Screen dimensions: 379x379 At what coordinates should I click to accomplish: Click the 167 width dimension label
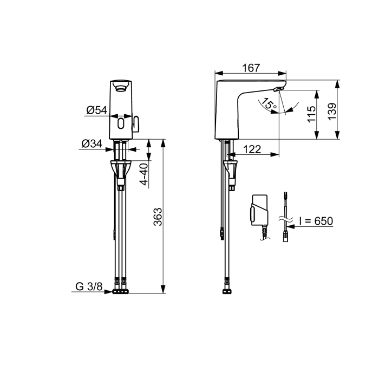click(251, 68)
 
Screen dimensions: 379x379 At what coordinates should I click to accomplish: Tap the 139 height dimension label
click(332, 111)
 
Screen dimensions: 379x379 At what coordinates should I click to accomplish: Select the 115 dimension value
click(311, 114)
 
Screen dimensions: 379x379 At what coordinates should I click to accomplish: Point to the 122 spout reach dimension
click(252, 149)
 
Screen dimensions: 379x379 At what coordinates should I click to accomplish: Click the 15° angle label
click(270, 104)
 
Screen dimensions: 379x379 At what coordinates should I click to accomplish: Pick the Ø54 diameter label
click(97, 110)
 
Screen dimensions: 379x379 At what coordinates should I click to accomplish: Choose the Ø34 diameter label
click(92, 143)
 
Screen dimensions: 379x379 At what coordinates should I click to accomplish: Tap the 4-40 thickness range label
click(144, 174)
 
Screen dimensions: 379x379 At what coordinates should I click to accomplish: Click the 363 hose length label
click(158, 217)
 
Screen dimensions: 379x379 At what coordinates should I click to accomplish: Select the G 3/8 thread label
click(89, 286)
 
